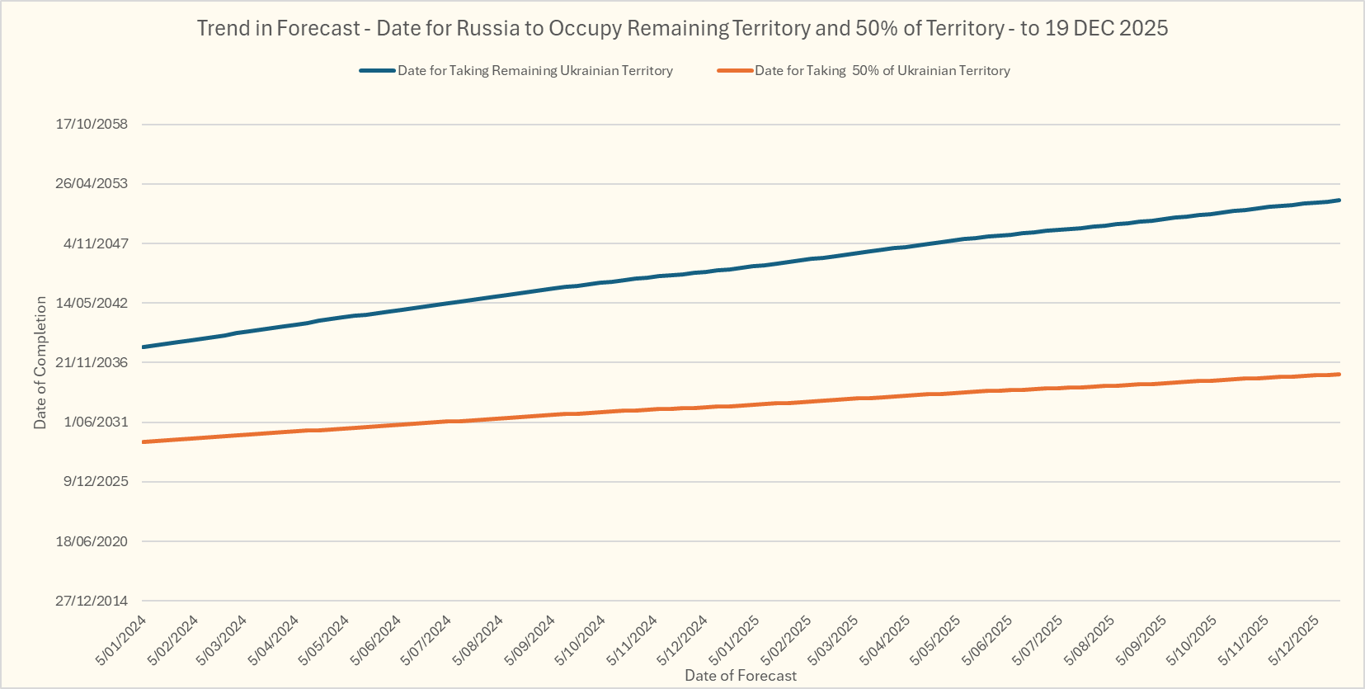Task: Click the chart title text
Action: pyautogui.click(x=682, y=28)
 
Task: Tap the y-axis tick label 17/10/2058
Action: pyautogui.click(x=92, y=124)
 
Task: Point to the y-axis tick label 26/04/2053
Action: pyautogui.click(x=92, y=183)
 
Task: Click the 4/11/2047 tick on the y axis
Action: pyautogui.click(x=96, y=243)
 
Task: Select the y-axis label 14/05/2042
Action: pyautogui.click(x=92, y=303)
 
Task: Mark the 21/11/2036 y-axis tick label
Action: pyautogui.click(x=92, y=362)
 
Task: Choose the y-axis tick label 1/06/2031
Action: pyautogui.click(x=96, y=422)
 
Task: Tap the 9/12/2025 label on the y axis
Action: pyautogui.click(x=96, y=481)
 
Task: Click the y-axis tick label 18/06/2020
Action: pyautogui.click(x=92, y=541)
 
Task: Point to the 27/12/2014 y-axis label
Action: pyautogui.click(x=92, y=601)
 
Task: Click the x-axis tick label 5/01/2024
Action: pyautogui.click(x=121, y=640)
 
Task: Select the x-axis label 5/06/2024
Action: pyautogui.click(x=375, y=640)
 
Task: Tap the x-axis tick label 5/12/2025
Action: pyautogui.click(x=1294, y=640)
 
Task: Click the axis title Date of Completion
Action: pyautogui.click(x=40, y=362)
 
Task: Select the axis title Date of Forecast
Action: pyautogui.click(x=741, y=676)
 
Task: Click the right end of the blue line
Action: pyautogui.click(x=1339, y=200)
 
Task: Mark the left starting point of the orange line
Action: pyautogui.click(x=144, y=442)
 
